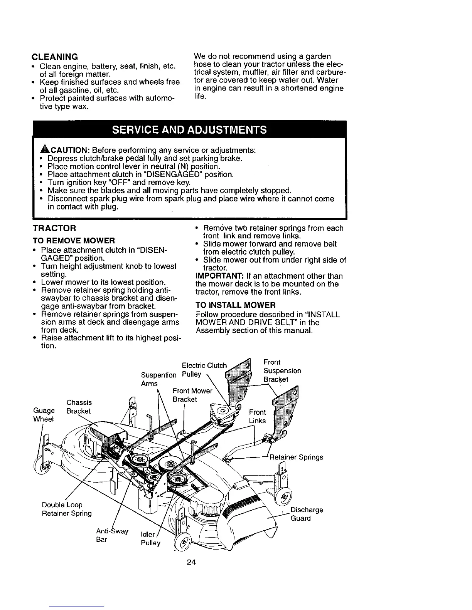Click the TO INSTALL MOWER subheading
236,305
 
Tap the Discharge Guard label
306,514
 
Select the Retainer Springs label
296,457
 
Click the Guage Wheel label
44,414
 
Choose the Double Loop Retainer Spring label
67,509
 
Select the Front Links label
257,416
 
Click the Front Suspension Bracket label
282,370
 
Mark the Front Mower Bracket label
192,395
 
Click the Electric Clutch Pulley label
204,369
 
